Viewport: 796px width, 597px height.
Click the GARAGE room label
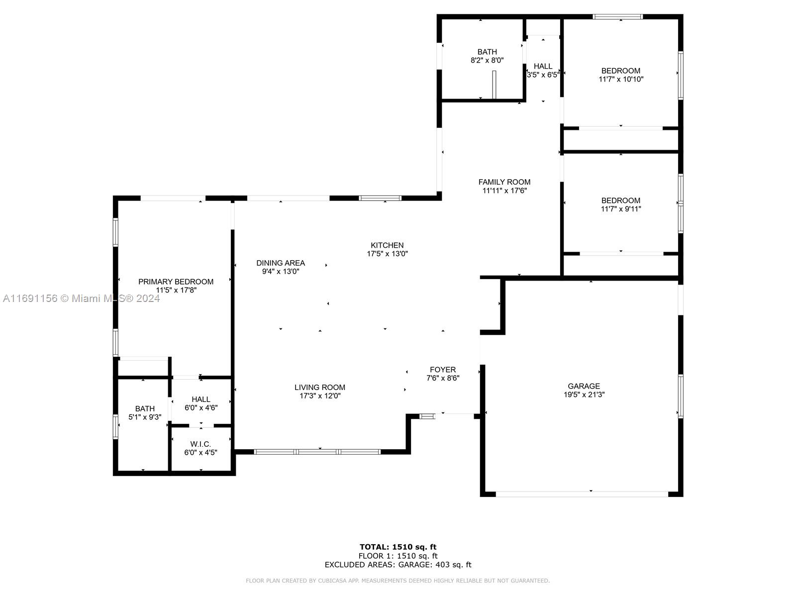click(584, 386)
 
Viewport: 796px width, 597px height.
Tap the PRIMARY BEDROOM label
click(176, 282)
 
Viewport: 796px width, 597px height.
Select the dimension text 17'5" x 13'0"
click(387, 254)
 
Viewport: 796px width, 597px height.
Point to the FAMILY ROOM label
click(504, 182)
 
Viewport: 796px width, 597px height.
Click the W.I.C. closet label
click(200, 444)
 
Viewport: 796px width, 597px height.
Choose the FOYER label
click(442, 370)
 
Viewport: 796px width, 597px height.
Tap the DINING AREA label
click(281, 263)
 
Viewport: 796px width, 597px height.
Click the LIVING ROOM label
click(319, 388)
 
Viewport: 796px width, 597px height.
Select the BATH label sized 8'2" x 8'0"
click(487, 52)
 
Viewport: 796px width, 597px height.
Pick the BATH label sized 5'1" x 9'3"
click(145, 409)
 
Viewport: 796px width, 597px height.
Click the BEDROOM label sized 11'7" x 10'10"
click(620, 71)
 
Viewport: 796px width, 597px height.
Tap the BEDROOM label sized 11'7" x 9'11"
click(620, 200)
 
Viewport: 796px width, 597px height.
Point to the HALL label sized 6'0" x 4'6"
click(200, 399)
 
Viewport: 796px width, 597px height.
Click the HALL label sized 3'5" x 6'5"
click(543, 66)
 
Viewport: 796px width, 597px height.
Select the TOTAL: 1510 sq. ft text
click(398, 547)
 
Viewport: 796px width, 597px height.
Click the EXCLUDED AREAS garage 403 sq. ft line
click(398, 565)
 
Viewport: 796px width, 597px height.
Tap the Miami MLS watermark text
click(81, 298)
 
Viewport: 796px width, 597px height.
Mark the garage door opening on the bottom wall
click(582, 494)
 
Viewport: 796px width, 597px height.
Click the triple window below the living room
click(317, 452)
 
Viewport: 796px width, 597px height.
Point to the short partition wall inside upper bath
click(494, 85)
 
